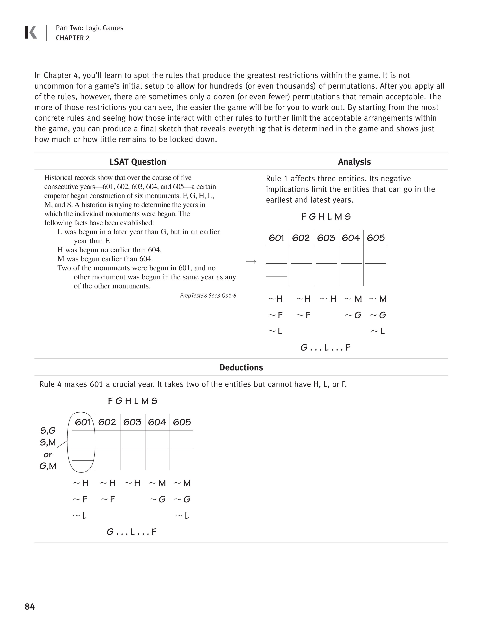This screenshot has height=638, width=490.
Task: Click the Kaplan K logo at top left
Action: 31,32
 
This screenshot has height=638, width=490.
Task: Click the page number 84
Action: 30,606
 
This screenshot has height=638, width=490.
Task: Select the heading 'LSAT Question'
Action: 138,162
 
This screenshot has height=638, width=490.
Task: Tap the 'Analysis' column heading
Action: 354,162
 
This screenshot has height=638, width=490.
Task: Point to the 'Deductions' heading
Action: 241,367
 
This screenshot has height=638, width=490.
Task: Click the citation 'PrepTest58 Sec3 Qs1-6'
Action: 208,296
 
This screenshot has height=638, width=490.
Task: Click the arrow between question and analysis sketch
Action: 251,262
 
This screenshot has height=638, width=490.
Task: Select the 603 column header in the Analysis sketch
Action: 326,238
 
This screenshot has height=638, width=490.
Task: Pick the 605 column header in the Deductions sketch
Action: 182,422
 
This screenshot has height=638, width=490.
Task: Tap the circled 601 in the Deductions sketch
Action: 82,422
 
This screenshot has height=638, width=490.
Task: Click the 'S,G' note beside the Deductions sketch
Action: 48,431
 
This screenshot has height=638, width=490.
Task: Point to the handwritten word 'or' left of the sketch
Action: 48,455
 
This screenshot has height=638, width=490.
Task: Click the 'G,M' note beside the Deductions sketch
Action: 48,466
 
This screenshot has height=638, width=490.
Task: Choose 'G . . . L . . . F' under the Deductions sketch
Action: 132,532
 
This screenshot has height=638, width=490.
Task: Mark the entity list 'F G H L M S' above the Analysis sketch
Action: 326,217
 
